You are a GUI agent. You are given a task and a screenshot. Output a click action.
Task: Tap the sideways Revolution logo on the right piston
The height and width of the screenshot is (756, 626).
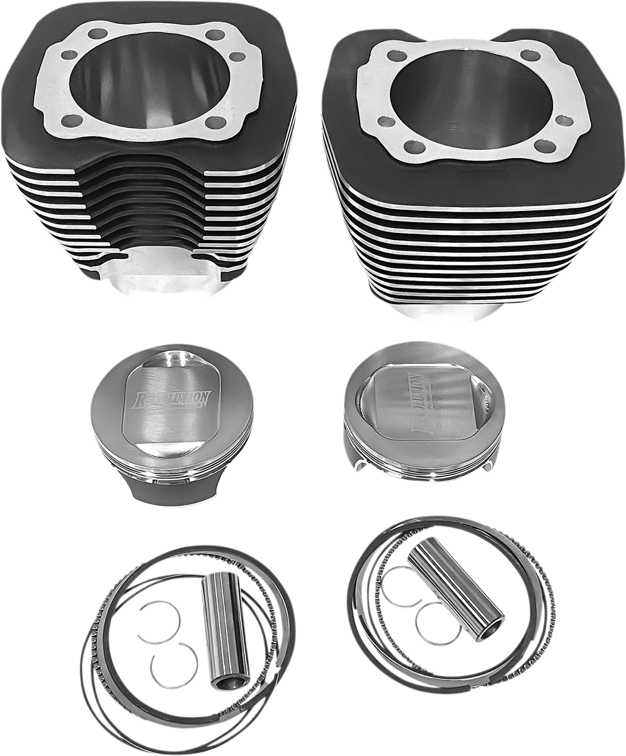click(x=417, y=403)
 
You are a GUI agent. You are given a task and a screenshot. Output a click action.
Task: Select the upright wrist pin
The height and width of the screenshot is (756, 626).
click(x=224, y=630)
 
